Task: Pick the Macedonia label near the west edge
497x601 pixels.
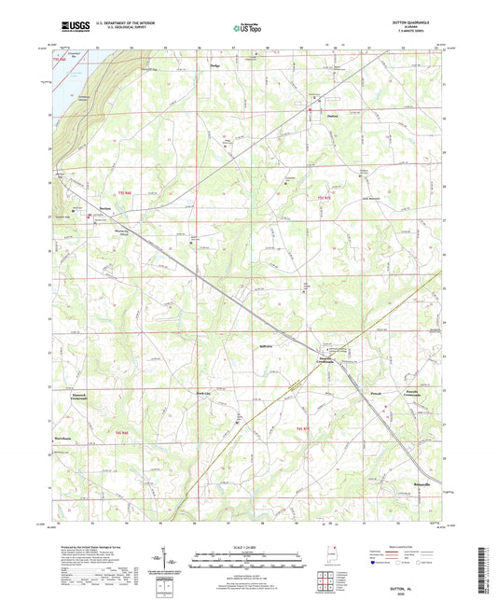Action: pyautogui.click(x=76, y=436)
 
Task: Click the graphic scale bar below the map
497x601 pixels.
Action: pyautogui.click(x=247, y=554)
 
